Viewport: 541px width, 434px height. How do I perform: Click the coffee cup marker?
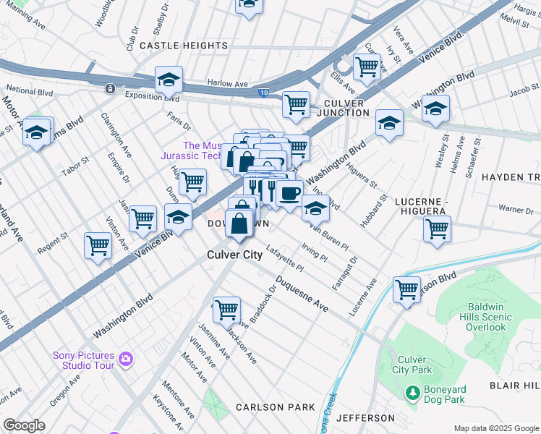point(289,194)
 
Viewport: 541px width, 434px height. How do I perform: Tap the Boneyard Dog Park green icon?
point(412,393)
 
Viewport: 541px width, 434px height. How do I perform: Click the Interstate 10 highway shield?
point(263,93)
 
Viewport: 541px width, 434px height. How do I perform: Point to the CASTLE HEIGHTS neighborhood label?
point(184,46)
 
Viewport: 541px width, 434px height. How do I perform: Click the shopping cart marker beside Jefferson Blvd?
point(406,289)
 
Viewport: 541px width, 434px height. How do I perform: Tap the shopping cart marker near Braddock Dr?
point(226,310)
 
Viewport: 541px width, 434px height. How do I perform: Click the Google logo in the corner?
point(24,425)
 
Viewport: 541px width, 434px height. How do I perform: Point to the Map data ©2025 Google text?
point(495,428)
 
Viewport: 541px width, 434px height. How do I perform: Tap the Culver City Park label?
point(412,365)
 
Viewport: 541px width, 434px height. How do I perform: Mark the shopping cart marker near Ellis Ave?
point(367,67)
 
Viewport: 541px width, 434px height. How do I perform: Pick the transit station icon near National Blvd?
point(110,89)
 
